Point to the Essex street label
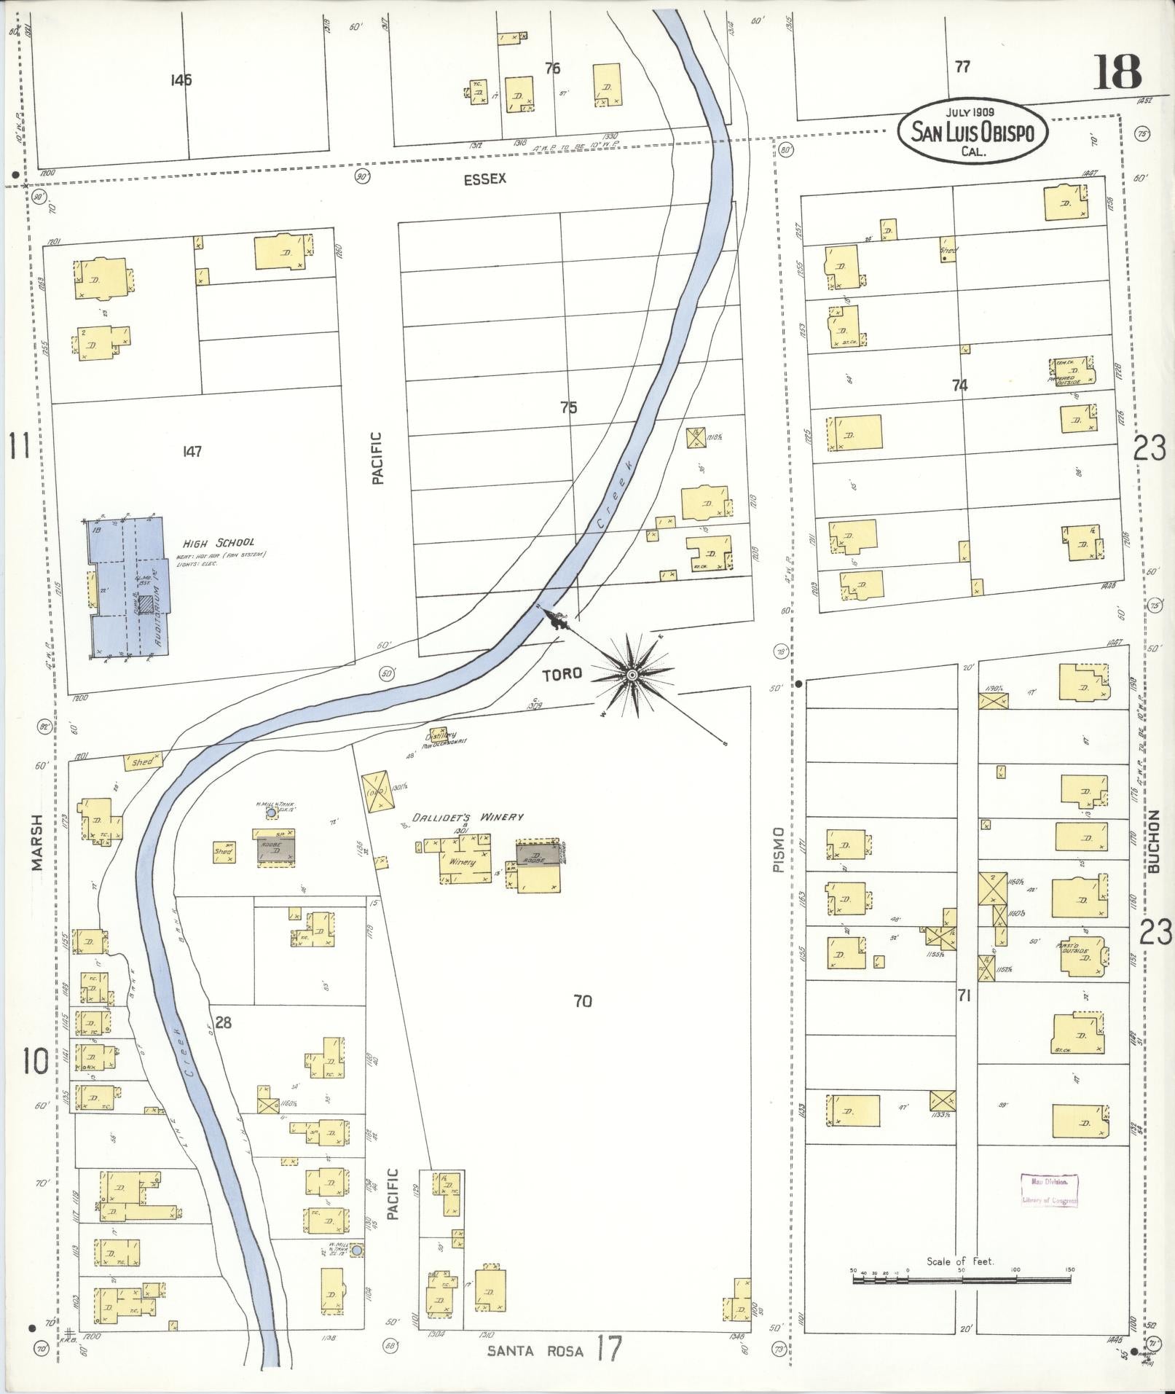(x=484, y=179)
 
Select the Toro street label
(x=563, y=673)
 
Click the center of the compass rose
(x=632, y=676)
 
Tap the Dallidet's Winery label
(x=468, y=818)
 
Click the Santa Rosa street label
(x=535, y=1350)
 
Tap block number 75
(x=568, y=407)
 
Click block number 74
(x=959, y=385)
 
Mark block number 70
(x=583, y=1001)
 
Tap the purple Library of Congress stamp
(x=1050, y=1191)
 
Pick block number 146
(x=181, y=80)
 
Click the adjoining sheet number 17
(x=609, y=1349)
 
